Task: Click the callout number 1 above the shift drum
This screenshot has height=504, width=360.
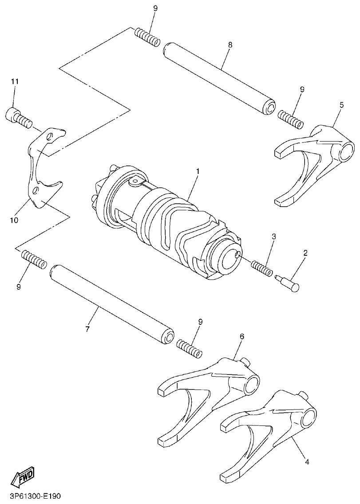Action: coord(198,171)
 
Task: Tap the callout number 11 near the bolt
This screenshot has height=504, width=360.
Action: coord(15,81)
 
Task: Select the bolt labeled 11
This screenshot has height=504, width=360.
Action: coord(18,117)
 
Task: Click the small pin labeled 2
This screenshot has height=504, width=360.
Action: coord(289,283)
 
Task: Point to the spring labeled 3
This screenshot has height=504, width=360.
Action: coord(262,269)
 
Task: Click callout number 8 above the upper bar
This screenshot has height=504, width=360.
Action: coord(230,45)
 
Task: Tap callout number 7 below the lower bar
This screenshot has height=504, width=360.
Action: coord(87,329)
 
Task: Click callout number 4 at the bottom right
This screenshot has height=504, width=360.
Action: coord(306,462)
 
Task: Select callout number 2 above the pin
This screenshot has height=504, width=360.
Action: coord(305,253)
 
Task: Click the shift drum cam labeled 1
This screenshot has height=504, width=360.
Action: coord(169,222)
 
